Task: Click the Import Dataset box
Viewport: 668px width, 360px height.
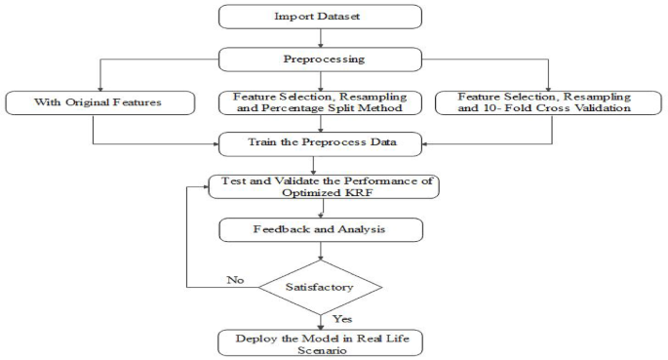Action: (x=320, y=17)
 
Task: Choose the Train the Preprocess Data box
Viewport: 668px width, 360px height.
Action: (x=320, y=143)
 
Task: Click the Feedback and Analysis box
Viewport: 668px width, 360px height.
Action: (x=320, y=229)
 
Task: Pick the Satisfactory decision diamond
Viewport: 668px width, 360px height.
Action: (x=320, y=287)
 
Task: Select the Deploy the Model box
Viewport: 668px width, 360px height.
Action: (x=320, y=342)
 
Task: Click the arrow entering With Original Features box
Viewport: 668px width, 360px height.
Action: (x=98, y=78)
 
